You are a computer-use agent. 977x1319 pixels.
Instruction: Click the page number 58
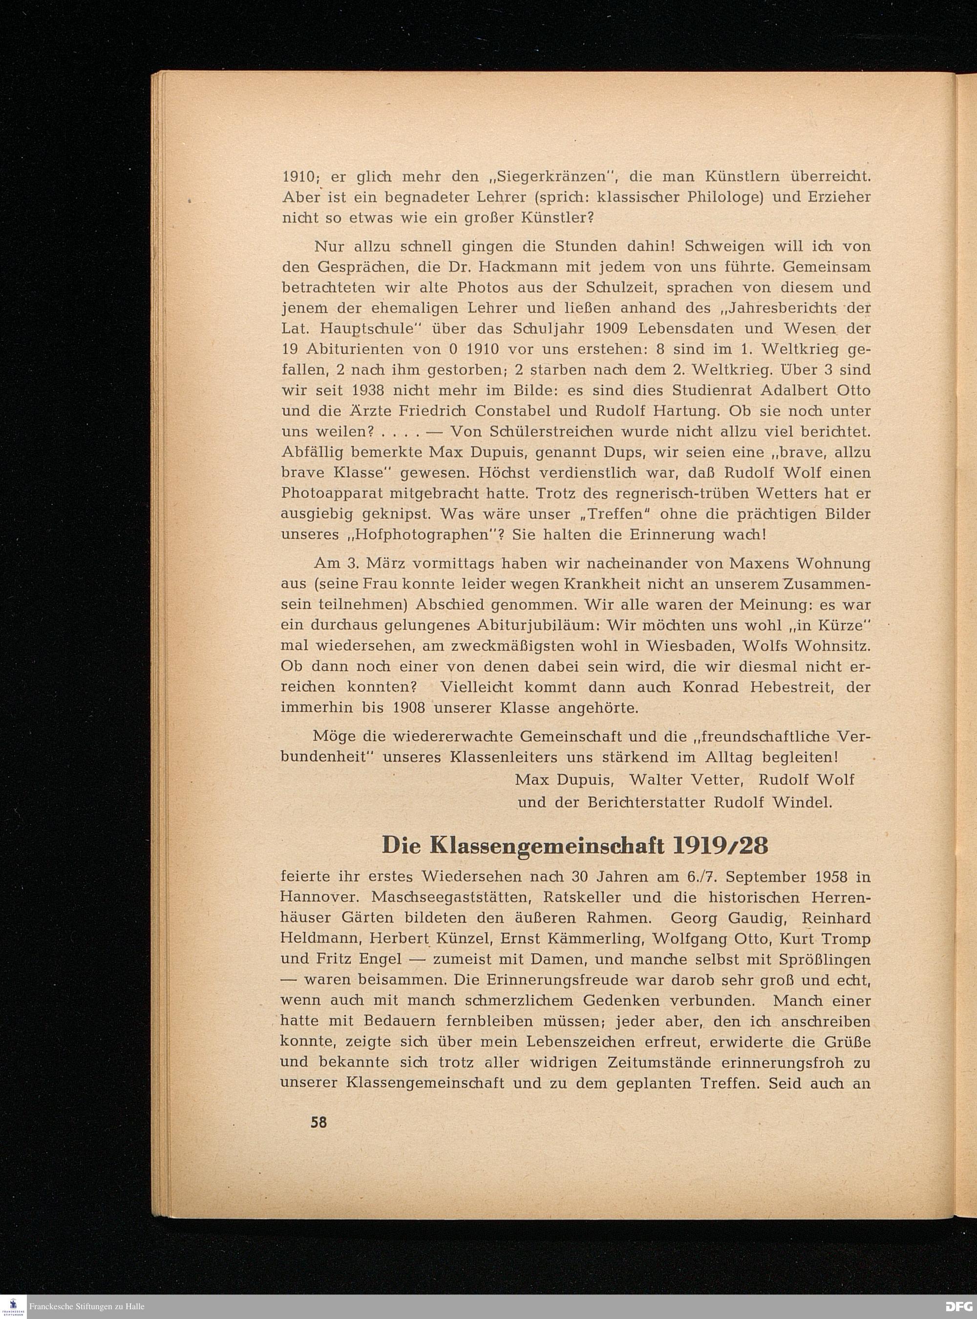(318, 1122)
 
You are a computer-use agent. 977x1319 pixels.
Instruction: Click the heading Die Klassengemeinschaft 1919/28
(575, 845)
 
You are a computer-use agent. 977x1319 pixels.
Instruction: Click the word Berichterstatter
(648, 803)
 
